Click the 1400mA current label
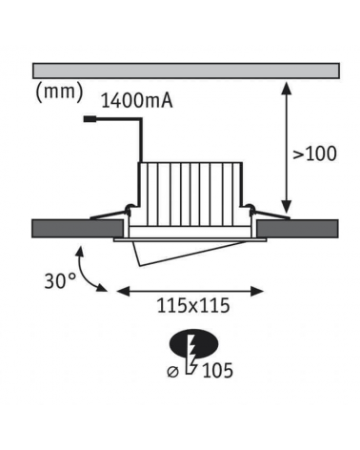click(x=137, y=101)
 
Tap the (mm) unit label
click(x=59, y=92)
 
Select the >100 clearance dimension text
click(x=314, y=153)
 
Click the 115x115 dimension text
click(x=193, y=306)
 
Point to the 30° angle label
click(x=60, y=281)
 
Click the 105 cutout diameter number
click(x=217, y=371)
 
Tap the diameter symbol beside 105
click(x=173, y=372)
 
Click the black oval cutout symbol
click(x=194, y=343)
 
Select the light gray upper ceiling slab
click(x=186, y=71)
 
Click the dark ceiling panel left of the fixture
click(x=78, y=228)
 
